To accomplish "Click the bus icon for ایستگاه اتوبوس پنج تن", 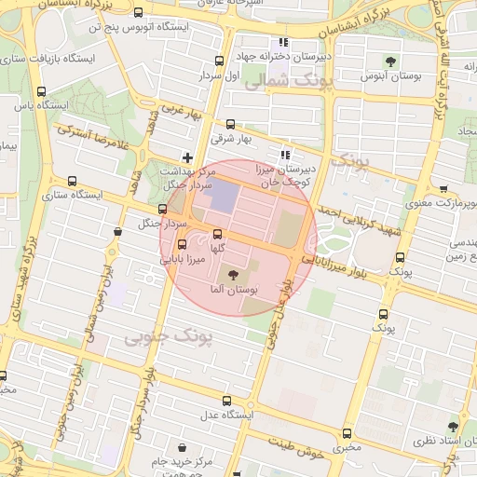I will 139,13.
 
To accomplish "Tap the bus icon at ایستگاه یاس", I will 41,91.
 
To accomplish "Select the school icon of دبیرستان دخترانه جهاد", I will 283,43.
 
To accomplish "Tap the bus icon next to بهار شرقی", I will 230,124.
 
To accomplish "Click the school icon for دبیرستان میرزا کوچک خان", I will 285,155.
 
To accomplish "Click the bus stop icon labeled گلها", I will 218,234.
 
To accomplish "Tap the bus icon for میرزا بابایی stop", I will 181,244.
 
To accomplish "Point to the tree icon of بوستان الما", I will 232,276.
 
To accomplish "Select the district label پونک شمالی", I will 280,82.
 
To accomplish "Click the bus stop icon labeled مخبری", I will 348,433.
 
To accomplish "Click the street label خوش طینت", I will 294,446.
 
